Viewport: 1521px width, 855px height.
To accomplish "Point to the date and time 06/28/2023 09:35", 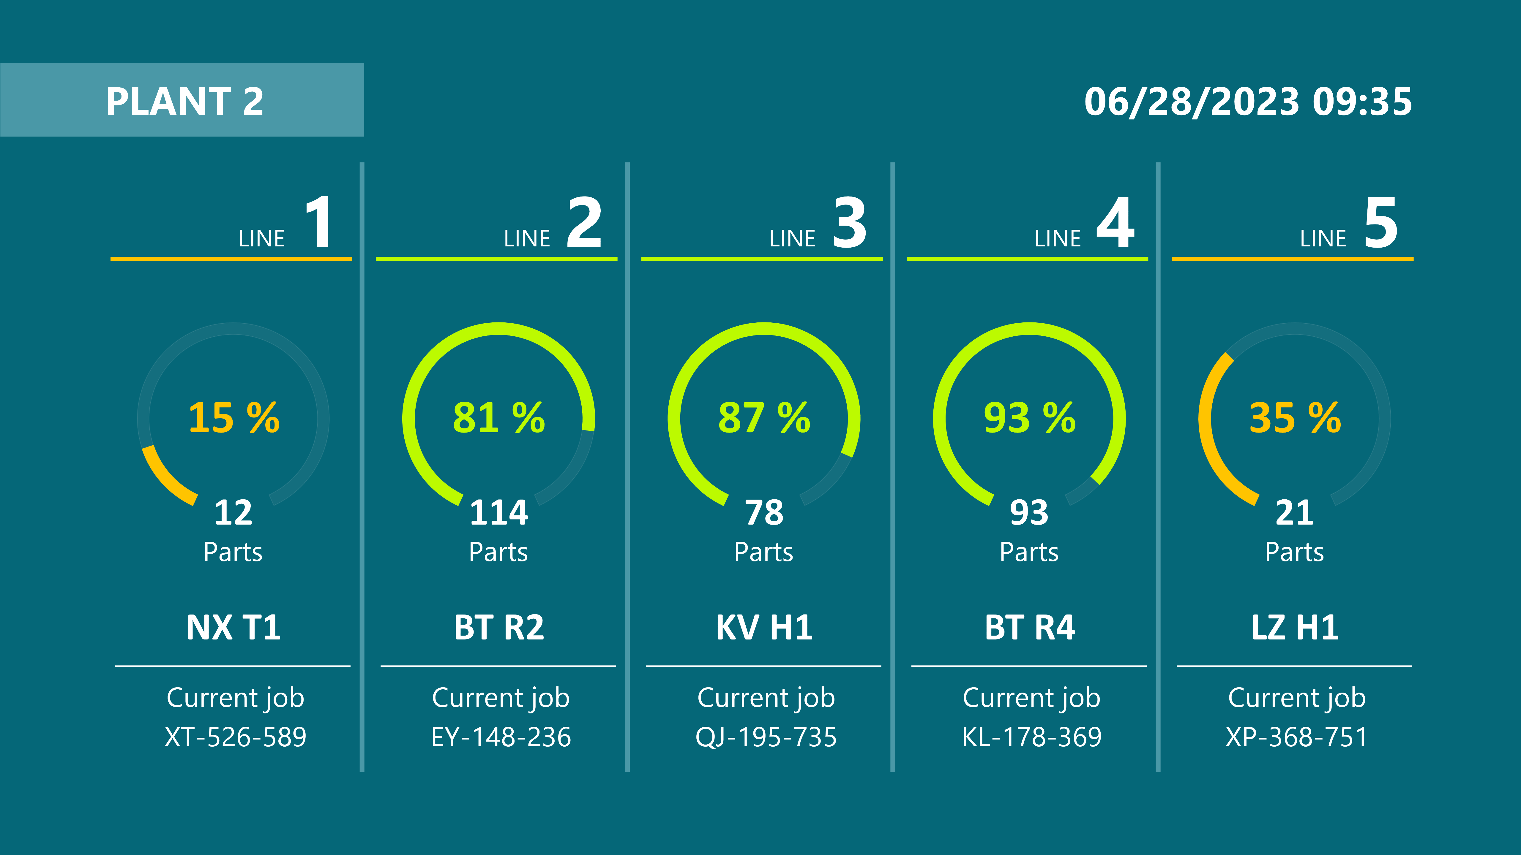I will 1248,102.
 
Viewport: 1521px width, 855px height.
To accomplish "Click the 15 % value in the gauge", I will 234,418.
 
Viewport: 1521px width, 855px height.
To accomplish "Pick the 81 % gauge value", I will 499,418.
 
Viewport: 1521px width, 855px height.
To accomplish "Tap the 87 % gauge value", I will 764,418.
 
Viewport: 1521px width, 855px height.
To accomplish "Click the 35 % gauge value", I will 1295,418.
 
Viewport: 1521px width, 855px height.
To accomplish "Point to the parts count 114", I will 499,512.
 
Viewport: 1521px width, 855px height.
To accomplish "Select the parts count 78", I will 764,512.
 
